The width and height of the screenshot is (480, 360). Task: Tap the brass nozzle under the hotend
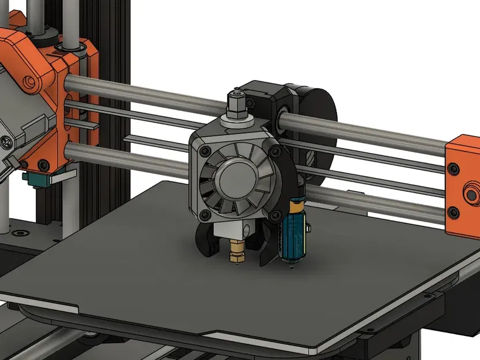(x=236, y=254)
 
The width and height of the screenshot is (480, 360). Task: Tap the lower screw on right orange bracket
(x=452, y=214)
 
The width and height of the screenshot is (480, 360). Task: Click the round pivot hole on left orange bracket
(x=28, y=84)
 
